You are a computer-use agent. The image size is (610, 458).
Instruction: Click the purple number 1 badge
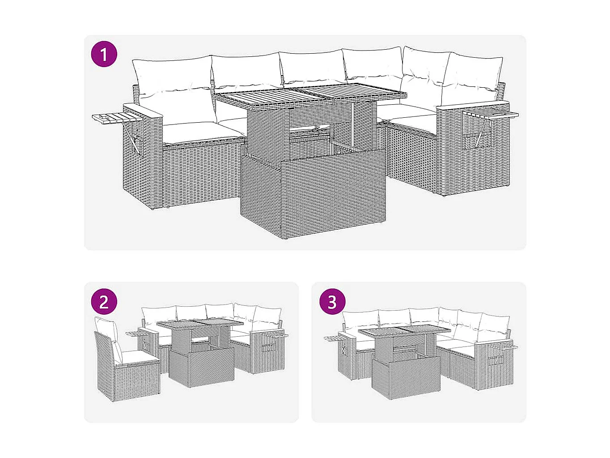(x=104, y=55)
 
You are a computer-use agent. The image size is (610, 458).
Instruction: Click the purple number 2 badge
(x=104, y=301)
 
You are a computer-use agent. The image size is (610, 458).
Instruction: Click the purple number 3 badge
(x=332, y=301)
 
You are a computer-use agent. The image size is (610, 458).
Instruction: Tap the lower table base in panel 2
(x=202, y=367)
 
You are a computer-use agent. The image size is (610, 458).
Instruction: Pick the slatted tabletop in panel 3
(x=405, y=332)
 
